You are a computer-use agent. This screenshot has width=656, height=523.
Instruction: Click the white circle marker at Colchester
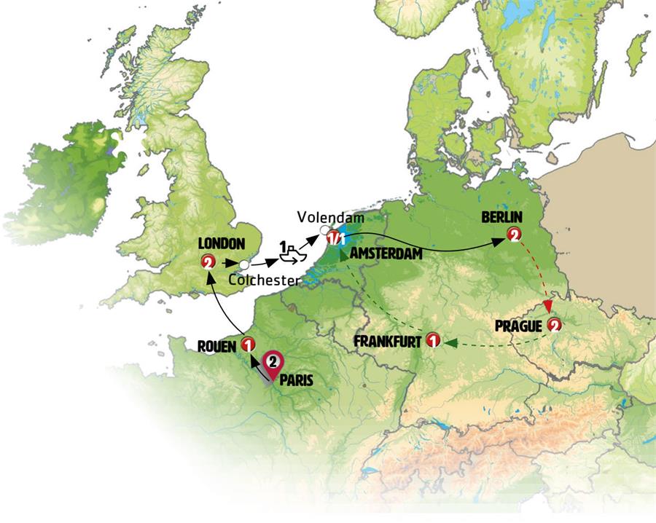coord(245,264)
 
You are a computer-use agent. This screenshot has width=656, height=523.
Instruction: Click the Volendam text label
coord(326,217)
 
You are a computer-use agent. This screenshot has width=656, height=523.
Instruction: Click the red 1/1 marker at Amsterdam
coord(336,237)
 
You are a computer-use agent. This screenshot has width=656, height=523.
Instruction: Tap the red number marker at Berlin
coord(515,235)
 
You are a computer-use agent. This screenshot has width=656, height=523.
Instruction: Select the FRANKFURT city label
coord(387,341)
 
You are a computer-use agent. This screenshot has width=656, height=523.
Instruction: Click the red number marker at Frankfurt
coord(433,340)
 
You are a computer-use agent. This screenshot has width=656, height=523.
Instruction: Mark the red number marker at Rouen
coord(249,345)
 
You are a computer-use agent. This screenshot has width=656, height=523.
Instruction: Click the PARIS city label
coord(296,379)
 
